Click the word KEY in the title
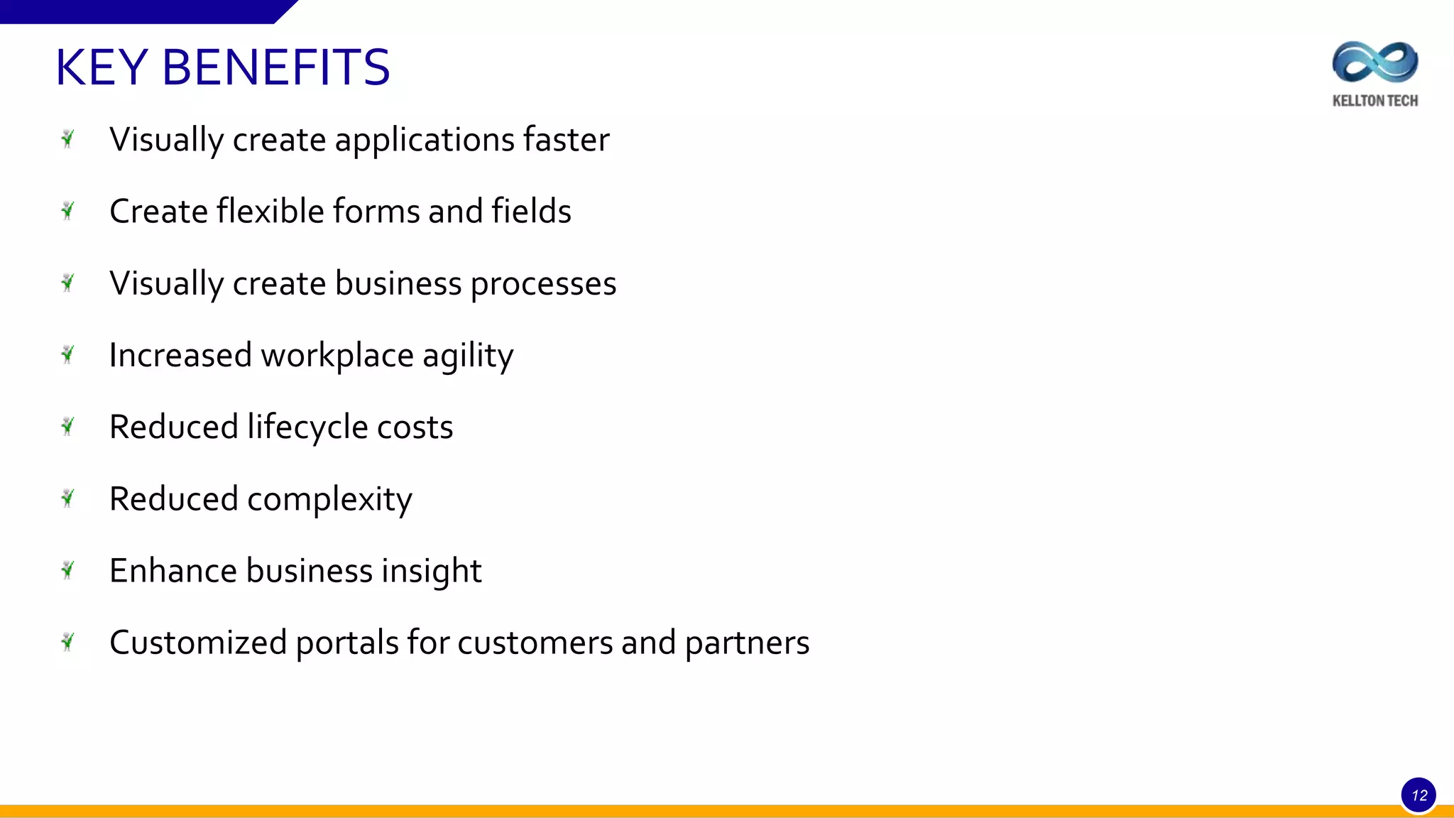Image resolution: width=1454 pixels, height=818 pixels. pyautogui.click(x=102, y=68)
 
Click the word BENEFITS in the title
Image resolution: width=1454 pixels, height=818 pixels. pyautogui.click(x=276, y=68)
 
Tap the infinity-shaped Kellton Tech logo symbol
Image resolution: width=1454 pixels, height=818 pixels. pyautogui.click(x=1375, y=62)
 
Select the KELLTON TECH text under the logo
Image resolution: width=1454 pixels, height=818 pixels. pyautogui.click(x=1375, y=101)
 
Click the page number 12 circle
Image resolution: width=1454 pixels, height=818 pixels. pyautogui.click(x=1419, y=795)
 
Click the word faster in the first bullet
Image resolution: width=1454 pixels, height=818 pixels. pyautogui.click(x=566, y=139)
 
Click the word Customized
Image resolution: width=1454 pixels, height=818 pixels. pyautogui.click(x=198, y=643)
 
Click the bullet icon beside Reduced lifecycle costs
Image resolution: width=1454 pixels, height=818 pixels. pyautogui.click(x=68, y=426)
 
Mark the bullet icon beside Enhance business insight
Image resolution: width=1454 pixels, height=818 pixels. pyautogui.click(x=68, y=570)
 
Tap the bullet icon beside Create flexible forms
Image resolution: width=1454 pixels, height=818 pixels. pyautogui.click(x=68, y=210)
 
